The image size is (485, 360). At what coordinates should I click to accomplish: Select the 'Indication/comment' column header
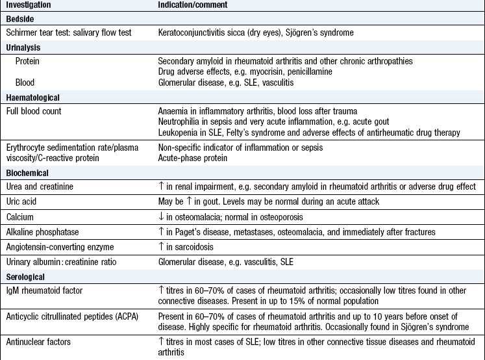pyautogui.click(x=192, y=5)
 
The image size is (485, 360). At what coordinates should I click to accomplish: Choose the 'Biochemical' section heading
pyautogui.click(x=28, y=174)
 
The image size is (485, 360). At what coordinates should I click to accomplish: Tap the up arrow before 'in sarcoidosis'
pyautogui.click(x=162, y=248)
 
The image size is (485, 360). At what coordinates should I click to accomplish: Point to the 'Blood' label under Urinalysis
pyautogui.click(x=27, y=83)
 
